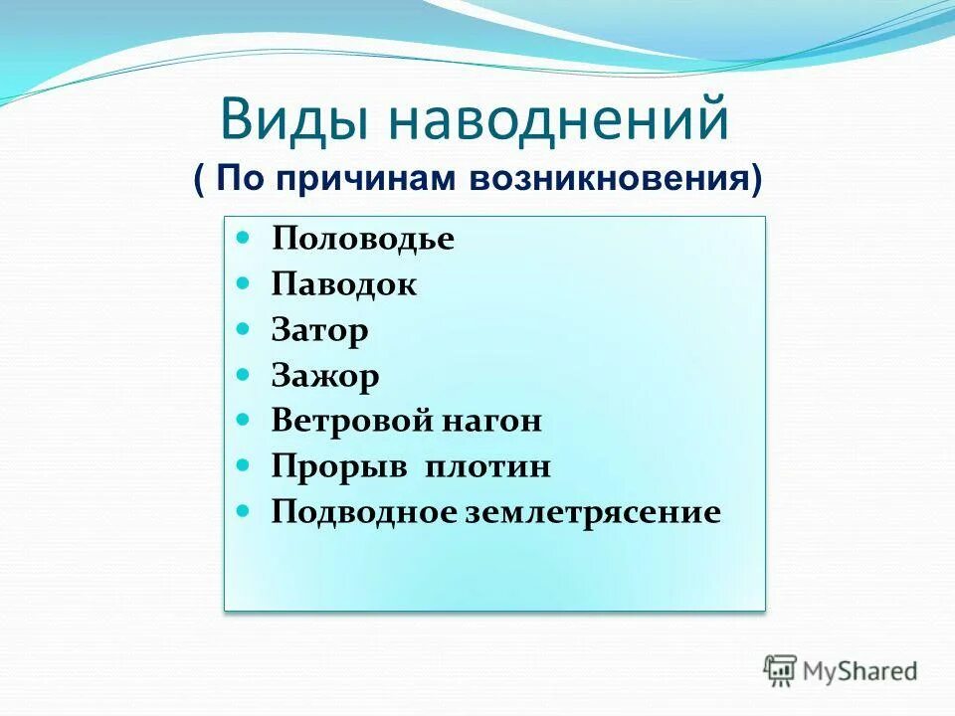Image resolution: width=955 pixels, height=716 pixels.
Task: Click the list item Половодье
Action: click(x=362, y=240)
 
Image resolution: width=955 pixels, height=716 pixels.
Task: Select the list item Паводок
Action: click(x=343, y=285)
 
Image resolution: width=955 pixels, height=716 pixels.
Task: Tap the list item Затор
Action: click(x=319, y=330)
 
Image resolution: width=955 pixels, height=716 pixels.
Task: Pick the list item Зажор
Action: click(x=324, y=376)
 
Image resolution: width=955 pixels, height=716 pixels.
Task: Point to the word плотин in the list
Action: click(x=489, y=466)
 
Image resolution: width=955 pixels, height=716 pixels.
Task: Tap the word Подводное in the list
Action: click(x=363, y=512)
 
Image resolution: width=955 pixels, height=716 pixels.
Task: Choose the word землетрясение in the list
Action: click(x=592, y=512)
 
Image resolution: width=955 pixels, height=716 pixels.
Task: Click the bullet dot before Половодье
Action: click(x=245, y=239)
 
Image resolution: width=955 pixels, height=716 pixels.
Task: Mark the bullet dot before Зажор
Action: click(x=245, y=375)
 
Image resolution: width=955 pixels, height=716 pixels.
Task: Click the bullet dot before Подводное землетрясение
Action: click(x=245, y=511)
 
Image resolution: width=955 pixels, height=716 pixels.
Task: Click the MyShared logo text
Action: click(x=859, y=671)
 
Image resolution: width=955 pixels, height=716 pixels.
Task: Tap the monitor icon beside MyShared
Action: click(x=781, y=670)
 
